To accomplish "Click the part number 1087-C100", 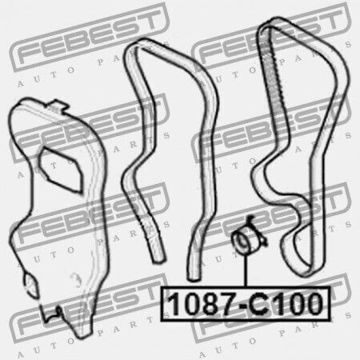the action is [x=246, y=303].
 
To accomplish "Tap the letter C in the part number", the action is [x=259, y=303].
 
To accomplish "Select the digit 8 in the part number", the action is [x=205, y=303].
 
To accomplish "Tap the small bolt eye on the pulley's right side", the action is [x=265, y=241].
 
